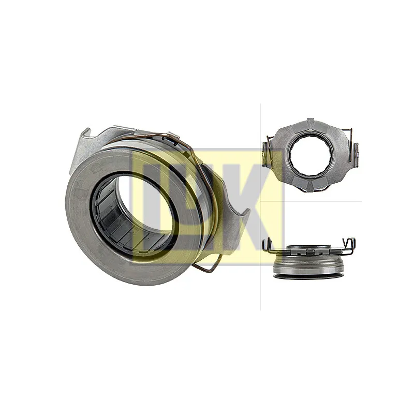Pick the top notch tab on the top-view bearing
pyautogui.click(x=310, y=122)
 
